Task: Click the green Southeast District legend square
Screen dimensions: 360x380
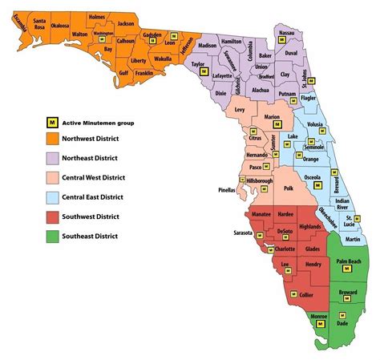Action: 52,236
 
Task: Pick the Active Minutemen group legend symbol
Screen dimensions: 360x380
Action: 52,123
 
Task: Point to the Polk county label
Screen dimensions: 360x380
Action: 289,188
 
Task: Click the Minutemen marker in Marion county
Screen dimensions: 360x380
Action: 276,125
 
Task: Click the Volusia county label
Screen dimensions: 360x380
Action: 315,125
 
